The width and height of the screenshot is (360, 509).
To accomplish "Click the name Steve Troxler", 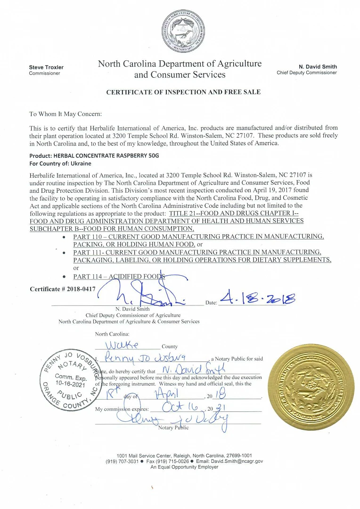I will click(x=46, y=67).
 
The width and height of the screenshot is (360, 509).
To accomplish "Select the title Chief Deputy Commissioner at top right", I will click(x=307, y=73).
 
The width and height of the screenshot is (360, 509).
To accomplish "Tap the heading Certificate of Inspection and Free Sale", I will click(x=183, y=92).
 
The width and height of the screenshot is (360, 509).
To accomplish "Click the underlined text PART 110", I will click(x=88, y=237).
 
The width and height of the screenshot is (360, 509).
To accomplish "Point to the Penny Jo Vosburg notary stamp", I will click(x=70, y=379).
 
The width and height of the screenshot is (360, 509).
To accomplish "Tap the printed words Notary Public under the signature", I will click(x=173, y=428).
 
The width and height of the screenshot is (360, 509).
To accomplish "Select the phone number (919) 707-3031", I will click(x=122, y=461).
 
